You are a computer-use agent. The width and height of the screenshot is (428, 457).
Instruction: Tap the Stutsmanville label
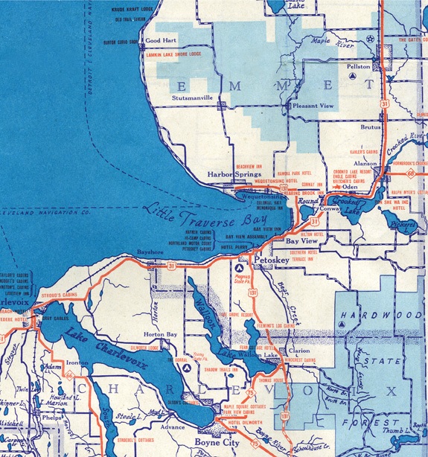193,97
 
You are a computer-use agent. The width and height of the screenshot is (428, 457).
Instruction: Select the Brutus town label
370,127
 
